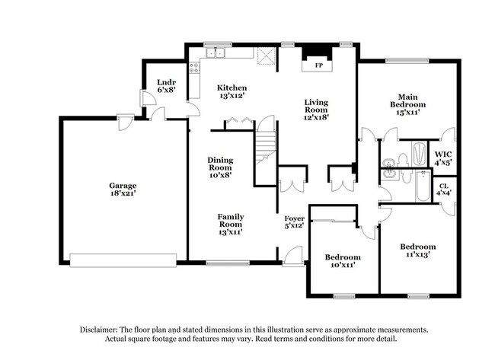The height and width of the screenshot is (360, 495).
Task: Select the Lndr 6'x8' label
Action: point(166,85)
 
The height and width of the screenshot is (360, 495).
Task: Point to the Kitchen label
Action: point(232,92)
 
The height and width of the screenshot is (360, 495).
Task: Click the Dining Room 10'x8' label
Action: point(220,167)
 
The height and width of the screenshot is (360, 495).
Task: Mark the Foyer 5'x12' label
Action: point(294,222)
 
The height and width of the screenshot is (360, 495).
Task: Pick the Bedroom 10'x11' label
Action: point(342,262)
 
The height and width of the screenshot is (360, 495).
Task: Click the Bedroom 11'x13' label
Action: point(418,251)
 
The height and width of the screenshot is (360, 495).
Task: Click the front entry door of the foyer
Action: point(290,261)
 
